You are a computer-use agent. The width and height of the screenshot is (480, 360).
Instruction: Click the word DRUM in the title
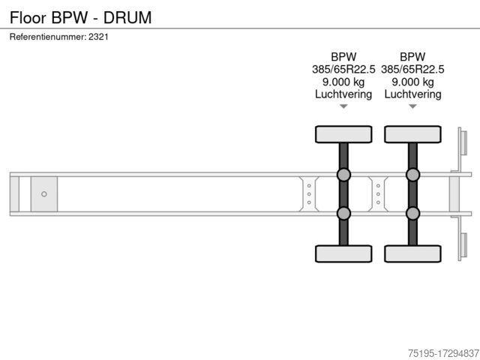coord(127,17)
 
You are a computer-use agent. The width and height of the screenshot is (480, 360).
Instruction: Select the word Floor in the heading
coord(28,17)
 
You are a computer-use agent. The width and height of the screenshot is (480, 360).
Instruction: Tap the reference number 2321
coord(98,37)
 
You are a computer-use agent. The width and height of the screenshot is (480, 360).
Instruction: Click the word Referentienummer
coord(48,37)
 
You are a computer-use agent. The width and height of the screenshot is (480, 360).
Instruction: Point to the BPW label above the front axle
coord(343,57)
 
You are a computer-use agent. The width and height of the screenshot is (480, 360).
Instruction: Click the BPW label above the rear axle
coord(412,57)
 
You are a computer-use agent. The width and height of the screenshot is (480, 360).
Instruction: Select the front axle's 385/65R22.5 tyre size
coord(343,69)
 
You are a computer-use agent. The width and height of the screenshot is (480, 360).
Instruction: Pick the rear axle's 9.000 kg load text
coord(412,82)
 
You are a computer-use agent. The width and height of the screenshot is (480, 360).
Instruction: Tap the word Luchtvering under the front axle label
coord(343,94)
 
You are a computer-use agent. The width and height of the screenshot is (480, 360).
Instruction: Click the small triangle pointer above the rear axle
coord(412,106)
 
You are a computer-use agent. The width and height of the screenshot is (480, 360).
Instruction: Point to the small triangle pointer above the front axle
coord(343,106)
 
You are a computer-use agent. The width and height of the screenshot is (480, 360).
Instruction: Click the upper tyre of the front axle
coord(343,134)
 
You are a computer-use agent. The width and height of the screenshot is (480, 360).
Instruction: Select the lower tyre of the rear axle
coord(412,253)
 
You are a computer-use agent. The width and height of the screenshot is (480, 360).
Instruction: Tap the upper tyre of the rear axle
coord(412,134)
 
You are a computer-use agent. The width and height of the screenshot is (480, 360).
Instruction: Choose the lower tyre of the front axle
coord(343,253)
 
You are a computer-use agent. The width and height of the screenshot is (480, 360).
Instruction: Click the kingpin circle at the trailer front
coord(44,194)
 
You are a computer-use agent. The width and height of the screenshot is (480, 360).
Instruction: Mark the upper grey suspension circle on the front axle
coord(343,175)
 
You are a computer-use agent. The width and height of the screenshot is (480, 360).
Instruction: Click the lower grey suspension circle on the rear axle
coord(412,213)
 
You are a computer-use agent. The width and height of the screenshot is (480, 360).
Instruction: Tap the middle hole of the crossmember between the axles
coord(378,194)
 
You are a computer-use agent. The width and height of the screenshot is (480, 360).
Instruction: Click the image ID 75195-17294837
coord(443,353)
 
